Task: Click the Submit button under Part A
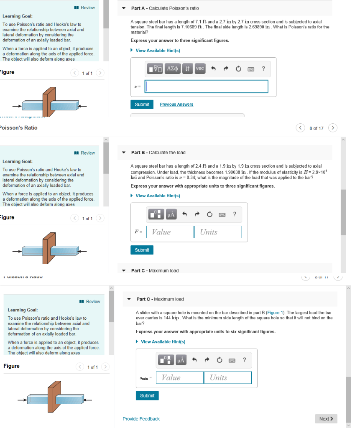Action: click(142, 104)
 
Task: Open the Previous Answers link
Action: click(176, 104)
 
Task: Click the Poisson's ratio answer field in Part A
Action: click(207, 87)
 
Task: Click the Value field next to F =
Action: click(169, 232)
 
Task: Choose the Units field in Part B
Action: click(218, 232)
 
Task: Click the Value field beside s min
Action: click(179, 377)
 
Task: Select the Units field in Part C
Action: click(228, 377)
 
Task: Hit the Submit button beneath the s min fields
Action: click(147, 395)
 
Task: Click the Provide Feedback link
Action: click(141, 419)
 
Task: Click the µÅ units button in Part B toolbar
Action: click(171, 214)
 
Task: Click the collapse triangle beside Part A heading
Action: click(124, 8)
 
